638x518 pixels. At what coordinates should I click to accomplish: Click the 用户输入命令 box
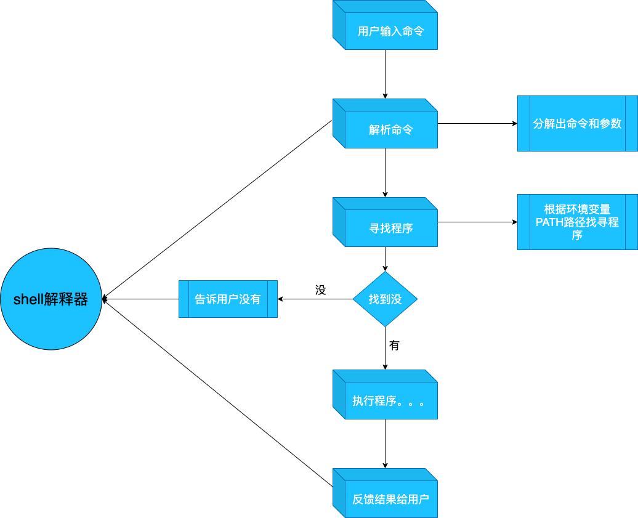tap(390, 31)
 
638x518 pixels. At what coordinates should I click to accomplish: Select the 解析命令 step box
tap(390, 129)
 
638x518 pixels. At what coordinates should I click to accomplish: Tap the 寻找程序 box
tap(390, 228)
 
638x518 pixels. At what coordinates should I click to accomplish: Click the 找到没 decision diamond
tap(385, 299)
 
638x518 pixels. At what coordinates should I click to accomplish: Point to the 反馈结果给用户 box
tap(390, 499)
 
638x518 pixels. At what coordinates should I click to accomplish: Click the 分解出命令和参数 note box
tap(577, 123)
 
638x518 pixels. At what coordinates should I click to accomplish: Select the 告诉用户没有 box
tap(228, 299)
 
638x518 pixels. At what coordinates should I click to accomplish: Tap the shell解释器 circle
tap(50, 299)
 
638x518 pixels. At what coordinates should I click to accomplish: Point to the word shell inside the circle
tap(28, 300)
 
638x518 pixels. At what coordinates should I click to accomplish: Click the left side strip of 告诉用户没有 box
tap(184, 299)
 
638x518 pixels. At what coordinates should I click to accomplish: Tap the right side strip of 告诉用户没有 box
tap(272, 299)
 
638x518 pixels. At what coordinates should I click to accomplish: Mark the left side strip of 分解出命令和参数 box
tap(523, 123)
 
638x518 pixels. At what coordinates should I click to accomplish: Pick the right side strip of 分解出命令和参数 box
tap(631, 123)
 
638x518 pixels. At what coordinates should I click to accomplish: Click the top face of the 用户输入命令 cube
tap(385, 6)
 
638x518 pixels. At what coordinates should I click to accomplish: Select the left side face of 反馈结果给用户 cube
tap(339, 493)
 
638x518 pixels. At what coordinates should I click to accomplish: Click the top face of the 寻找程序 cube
tap(385, 203)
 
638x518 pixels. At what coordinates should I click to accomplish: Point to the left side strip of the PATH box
tap(523, 222)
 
